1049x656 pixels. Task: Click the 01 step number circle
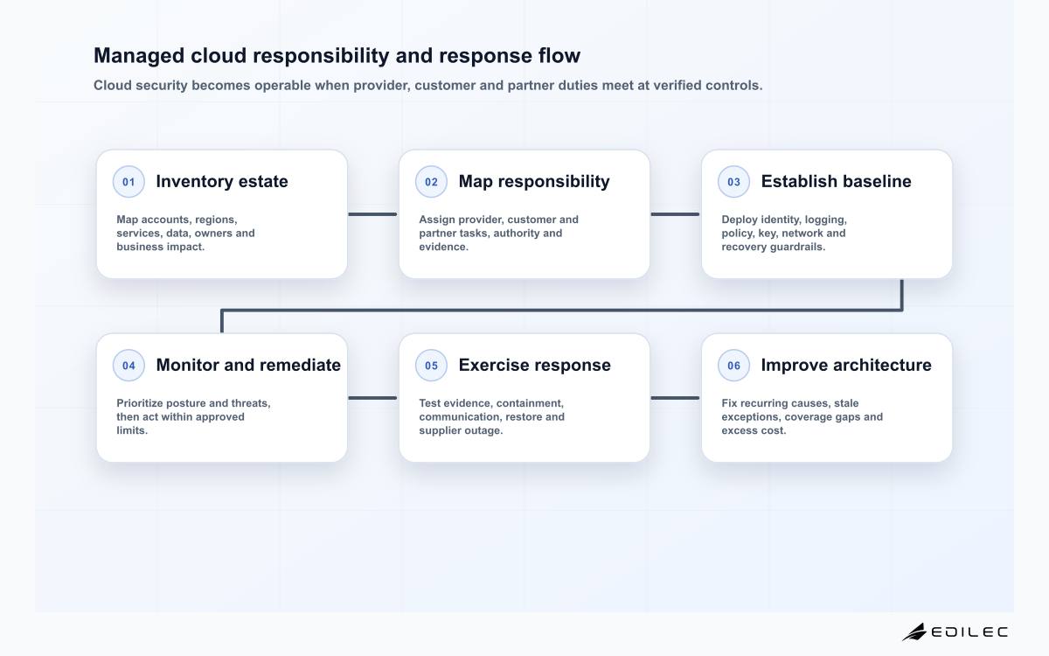tap(129, 182)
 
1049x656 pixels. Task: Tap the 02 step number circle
tap(431, 182)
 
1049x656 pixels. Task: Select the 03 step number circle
tap(733, 182)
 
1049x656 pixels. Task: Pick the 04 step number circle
tap(129, 366)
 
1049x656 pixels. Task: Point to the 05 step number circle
tap(431, 366)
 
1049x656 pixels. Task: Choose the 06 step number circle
tap(733, 366)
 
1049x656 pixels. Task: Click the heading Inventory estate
tap(222, 181)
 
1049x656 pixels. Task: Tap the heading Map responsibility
tap(534, 182)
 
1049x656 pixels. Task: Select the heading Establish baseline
tap(836, 181)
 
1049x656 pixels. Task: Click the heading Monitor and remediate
tap(248, 365)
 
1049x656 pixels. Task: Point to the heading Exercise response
tap(534, 366)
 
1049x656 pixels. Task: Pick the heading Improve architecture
tap(846, 365)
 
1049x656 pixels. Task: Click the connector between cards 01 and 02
tap(372, 214)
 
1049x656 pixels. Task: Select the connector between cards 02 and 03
tap(675, 214)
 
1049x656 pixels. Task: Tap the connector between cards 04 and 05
tap(372, 398)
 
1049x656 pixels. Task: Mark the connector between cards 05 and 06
tap(675, 398)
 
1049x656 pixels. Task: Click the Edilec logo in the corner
tap(955, 632)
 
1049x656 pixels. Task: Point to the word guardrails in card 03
tap(796, 247)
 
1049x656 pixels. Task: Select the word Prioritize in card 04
tap(140, 403)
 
